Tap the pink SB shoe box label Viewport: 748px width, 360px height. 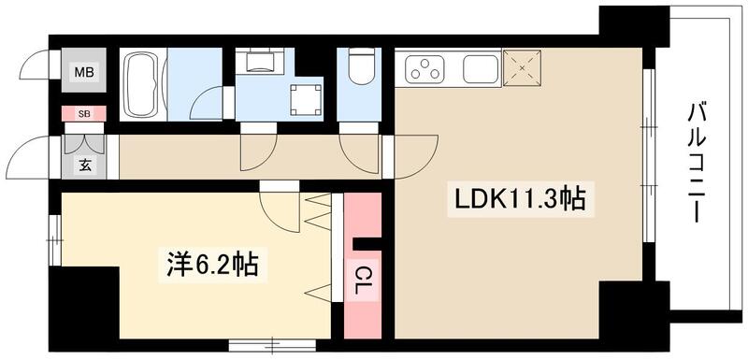84,114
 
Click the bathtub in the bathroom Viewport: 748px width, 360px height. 143,83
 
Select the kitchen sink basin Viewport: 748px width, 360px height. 479,68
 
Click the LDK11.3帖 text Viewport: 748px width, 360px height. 520,199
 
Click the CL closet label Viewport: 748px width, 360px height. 363,281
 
